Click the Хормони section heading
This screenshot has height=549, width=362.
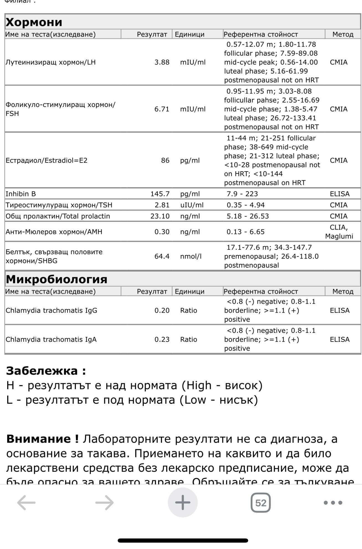click(x=34, y=22)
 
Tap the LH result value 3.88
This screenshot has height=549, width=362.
click(x=162, y=62)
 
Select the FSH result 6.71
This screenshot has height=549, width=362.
click(x=162, y=109)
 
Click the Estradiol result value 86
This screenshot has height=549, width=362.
click(x=165, y=160)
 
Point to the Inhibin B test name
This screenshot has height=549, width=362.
click(x=21, y=194)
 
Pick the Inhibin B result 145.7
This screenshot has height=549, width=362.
click(x=160, y=194)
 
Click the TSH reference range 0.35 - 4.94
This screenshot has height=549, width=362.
click(x=245, y=205)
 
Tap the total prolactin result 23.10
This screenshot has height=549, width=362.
click(x=160, y=216)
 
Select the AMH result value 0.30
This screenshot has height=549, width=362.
click(x=162, y=232)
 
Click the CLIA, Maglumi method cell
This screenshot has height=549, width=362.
click(x=339, y=232)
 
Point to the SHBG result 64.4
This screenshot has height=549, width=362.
click(x=162, y=256)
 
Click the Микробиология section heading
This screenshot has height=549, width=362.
click(x=57, y=279)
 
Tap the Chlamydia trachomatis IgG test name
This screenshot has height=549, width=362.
click(x=52, y=310)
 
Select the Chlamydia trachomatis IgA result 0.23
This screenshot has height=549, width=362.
click(x=162, y=339)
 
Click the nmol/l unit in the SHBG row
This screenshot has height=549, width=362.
click(x=191, y=256)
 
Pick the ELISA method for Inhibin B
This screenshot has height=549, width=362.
click(x=340, y=194)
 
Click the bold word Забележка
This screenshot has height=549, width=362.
click(x=42, y=371)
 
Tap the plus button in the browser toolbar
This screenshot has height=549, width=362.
click(x=183, y=502)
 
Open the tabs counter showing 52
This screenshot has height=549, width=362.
click(x=261, y=502)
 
